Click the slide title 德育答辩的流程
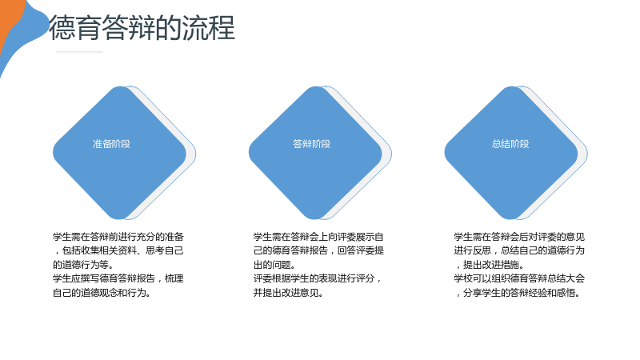142,28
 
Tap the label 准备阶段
111,144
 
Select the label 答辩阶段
312,144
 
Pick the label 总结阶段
510,144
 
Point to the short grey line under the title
79,52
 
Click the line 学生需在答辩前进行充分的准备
118,237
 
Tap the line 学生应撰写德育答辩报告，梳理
118,278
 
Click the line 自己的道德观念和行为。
102,293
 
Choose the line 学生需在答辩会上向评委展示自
318,237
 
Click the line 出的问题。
274,265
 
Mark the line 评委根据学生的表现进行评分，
318,278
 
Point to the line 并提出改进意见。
289,293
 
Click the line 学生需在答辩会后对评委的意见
519,237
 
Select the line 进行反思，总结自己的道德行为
519,250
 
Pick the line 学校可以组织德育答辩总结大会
519,278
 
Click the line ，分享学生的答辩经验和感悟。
518,293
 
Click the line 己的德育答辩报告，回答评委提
318,250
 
